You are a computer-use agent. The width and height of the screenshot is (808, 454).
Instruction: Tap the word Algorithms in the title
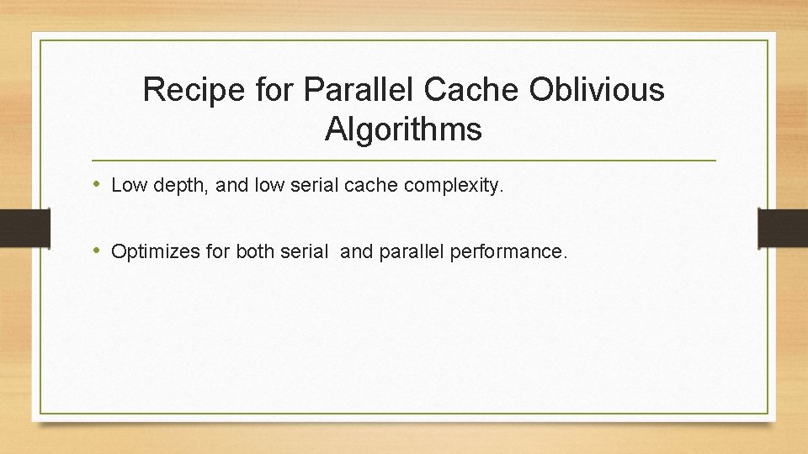tap(403, 129)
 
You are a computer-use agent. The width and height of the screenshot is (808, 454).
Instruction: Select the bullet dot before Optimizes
tap(98, 251)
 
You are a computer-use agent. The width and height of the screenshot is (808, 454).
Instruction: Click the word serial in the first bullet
tap(313, 186)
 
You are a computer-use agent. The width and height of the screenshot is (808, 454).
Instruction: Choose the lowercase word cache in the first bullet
tap(370, 186)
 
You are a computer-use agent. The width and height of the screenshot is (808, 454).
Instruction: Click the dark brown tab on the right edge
tap(783, 228)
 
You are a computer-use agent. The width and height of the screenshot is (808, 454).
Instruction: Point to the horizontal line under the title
tap(404, 160)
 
